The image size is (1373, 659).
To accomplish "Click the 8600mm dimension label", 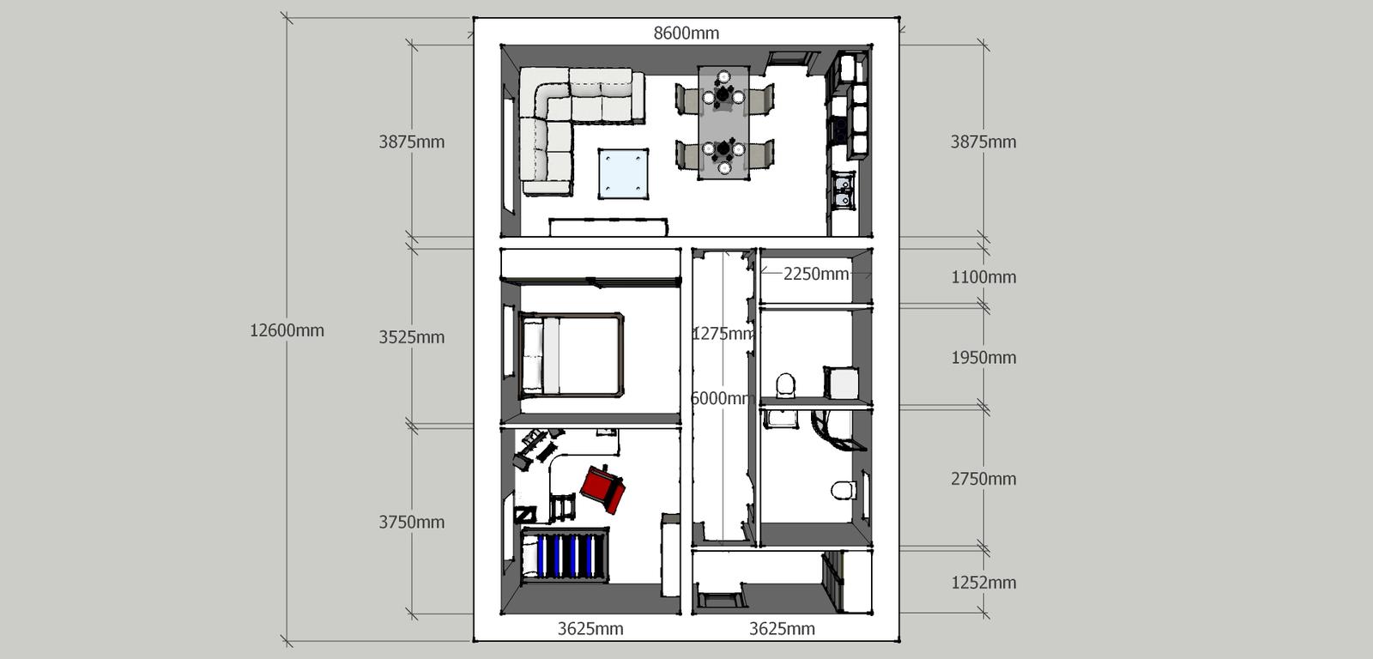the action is point(686,33).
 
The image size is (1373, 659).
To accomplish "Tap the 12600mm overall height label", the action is point(287,330).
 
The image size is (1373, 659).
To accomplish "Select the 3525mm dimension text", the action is point(411,337).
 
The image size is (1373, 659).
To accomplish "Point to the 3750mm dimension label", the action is point(411,523).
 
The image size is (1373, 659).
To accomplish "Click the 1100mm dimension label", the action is point(983,277).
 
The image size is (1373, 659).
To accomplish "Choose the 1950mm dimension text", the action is point(983,358).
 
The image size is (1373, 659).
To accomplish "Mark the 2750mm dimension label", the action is point(983,479).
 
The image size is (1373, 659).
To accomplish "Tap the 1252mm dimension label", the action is point(983,583).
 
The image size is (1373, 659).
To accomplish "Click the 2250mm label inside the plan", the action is point(816,274).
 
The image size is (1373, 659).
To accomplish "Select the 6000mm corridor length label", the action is point(722,398).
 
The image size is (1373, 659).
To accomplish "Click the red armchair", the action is point(603,488).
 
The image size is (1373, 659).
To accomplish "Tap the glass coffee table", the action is point(623,173).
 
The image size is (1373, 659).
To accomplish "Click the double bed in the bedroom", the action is point(572,355).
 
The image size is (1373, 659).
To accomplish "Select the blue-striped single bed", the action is point(565,555).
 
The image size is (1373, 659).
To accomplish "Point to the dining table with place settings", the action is point(724,123).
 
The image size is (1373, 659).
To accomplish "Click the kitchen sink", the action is point(844,190).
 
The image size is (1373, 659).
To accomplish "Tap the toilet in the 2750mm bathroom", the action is point(844,490).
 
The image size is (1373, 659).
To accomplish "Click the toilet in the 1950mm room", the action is point(785,385).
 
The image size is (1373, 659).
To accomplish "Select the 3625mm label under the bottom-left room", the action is point(590,629).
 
